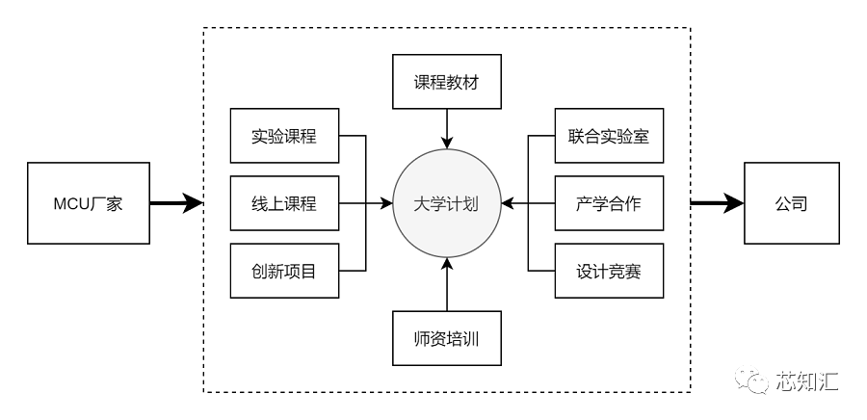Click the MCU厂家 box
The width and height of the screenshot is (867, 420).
(88, 203)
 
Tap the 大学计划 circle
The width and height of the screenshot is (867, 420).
(446, 203)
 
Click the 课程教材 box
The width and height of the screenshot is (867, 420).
(446, 82)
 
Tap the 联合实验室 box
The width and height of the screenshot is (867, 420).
(608, 136)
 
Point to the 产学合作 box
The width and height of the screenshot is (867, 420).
(608, 203)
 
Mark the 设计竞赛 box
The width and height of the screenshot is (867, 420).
(608, 272)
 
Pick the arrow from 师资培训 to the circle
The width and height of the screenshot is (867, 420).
(446, 284)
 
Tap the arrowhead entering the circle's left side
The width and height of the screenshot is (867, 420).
(386, 203)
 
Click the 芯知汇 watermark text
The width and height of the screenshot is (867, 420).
(808, 382)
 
